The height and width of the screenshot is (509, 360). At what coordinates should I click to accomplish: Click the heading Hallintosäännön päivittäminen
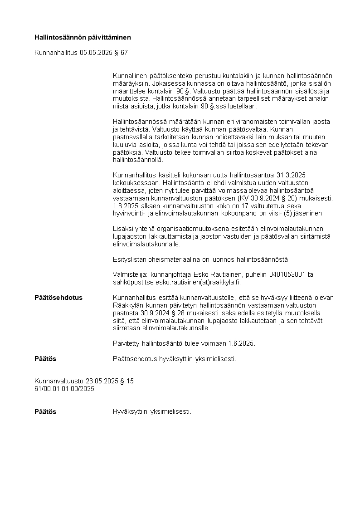83,37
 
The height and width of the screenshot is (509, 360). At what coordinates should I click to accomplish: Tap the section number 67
124,53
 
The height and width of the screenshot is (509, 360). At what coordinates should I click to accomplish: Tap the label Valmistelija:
129,275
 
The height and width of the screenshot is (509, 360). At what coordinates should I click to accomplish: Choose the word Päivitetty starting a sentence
127,343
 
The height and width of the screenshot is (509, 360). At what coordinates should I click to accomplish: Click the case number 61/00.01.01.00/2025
64,389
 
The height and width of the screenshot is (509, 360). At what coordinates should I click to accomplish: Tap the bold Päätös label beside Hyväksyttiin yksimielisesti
45,412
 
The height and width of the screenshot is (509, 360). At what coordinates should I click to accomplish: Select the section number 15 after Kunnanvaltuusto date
130,382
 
